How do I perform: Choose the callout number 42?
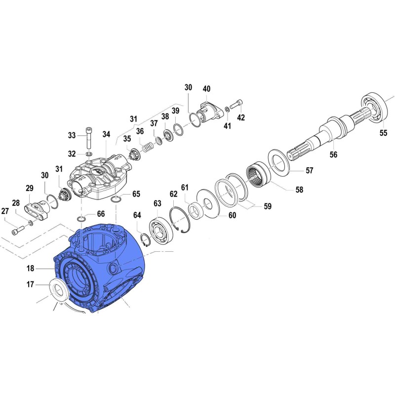pos(241,118)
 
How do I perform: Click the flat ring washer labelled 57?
pos(279,160)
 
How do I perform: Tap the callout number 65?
pos(136,194)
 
